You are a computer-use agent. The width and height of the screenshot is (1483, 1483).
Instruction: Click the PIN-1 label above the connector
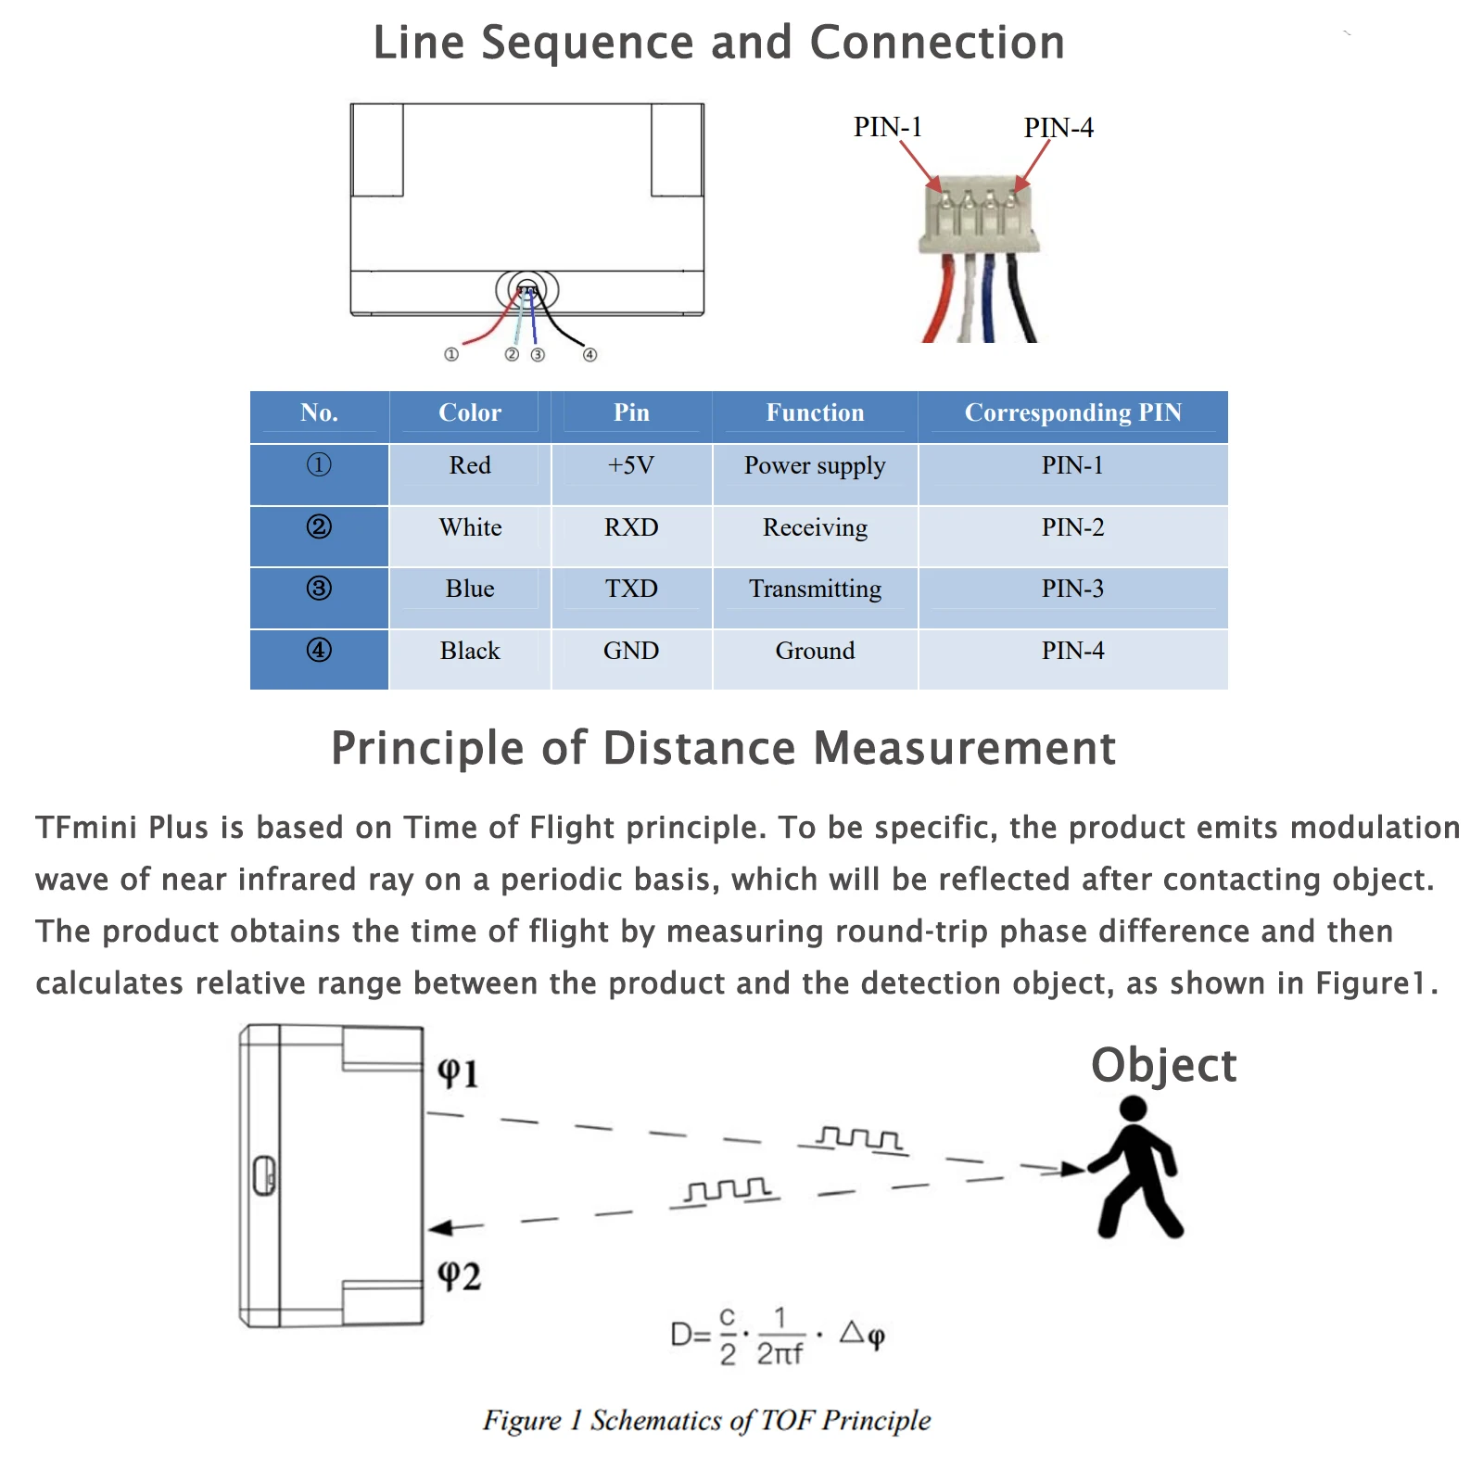tap(887, 127)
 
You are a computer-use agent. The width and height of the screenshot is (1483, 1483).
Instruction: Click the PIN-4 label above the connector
tap(1058, 128)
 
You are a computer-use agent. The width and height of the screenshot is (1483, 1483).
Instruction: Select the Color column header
tap(470, 412)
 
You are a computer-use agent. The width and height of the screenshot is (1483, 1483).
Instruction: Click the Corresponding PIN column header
tap(1072, 412)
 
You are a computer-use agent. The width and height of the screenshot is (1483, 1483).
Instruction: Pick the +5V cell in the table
tap(631, 465)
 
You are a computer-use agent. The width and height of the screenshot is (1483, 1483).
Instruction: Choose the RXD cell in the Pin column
tap(631, 527)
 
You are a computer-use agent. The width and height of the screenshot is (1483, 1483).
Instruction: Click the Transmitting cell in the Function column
tap(815, 589)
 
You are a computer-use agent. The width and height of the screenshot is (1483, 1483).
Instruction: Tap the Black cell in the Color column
tap(470, 651)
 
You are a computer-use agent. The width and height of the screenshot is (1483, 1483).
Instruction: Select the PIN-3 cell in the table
tap(1072, 589)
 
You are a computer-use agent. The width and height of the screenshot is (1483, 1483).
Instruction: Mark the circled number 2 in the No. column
tap(319, 527)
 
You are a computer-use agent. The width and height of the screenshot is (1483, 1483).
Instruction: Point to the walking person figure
tap(1136, 1168)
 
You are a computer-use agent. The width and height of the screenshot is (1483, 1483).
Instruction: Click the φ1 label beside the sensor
tap(458, 1072)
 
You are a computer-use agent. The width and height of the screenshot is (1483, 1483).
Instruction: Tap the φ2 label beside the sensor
tap(459, 1275)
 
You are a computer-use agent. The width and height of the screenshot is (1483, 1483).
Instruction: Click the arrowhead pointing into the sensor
tap(442, 1228)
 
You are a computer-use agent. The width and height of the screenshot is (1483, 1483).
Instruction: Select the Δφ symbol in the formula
tap(862, 1335)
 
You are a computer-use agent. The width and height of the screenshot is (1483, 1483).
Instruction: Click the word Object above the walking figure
tap(1163, 1065)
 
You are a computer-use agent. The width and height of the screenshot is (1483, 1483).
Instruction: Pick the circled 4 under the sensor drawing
tap(589, 354)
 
